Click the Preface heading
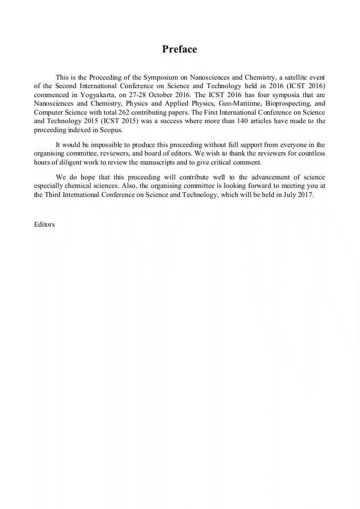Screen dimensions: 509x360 (179, 49)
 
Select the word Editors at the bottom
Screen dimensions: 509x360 (44, 225)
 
